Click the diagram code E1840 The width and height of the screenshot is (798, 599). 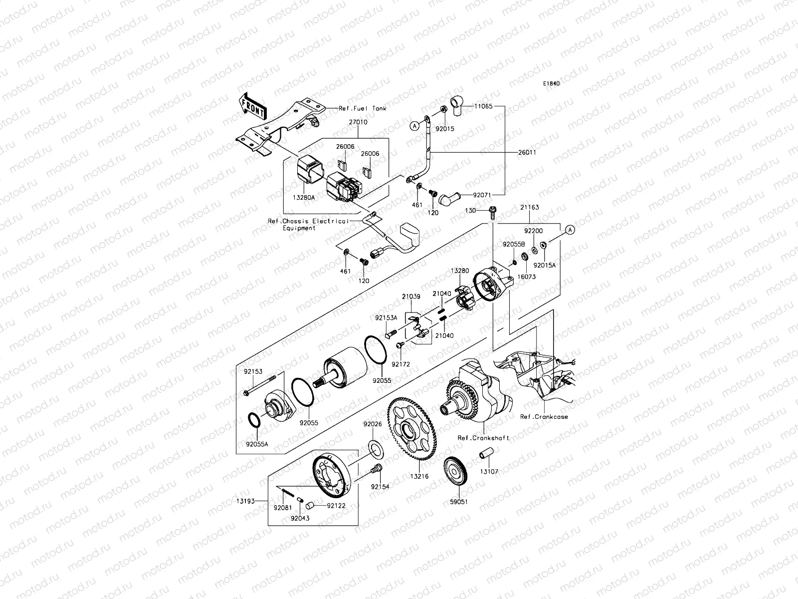(x=551, y=83)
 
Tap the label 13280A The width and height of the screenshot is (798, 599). (x=304, y=197)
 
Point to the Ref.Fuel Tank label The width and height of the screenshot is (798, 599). (x=363, y=108)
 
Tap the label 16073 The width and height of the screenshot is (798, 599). (x=526, y=276)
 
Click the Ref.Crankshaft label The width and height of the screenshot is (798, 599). (x=483, y=438)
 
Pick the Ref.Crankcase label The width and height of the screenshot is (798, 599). (x=544, y=416)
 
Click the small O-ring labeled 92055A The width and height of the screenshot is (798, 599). (x=254, y=420)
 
